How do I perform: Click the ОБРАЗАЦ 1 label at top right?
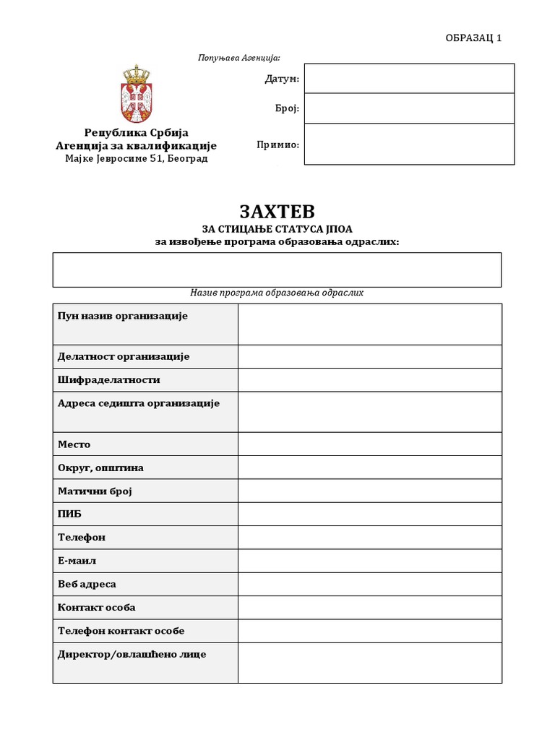point(473,38)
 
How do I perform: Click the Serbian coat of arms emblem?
point(136,94)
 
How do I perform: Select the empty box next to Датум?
point(409,79)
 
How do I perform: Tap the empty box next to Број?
point(409,108)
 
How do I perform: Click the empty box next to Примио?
point(409,145)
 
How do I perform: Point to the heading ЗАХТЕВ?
point(277,212)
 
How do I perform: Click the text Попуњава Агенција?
point(238,58)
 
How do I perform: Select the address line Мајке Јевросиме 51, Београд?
point(136,158)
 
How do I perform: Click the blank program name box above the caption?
point(277,270)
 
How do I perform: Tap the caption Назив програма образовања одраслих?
point(277,293)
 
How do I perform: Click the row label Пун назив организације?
point(122,316)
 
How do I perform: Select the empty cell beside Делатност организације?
point(369,357)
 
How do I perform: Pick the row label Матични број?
point(95,491)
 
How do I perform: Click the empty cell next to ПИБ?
point(369,515)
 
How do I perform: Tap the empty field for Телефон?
point(369,538)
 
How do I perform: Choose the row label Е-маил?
point(77,561)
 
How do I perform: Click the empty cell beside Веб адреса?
point(369,584)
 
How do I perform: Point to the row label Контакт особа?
point(96,608)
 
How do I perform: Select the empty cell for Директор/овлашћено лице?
point(369,663)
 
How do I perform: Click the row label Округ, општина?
point(100,468)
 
